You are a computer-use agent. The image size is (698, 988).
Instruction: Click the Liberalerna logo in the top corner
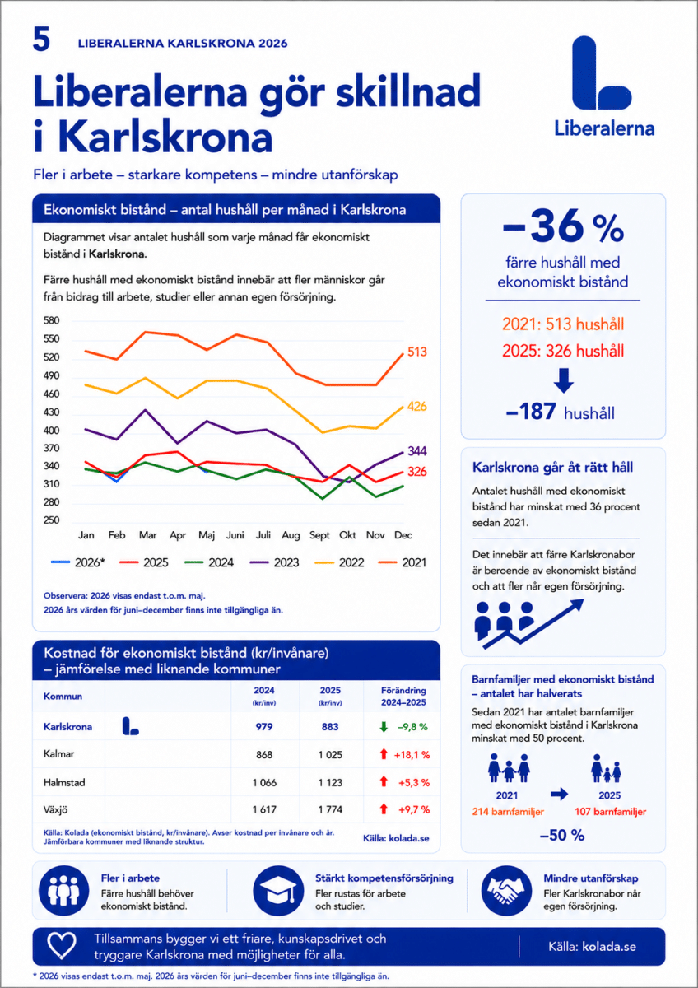coord(603,85)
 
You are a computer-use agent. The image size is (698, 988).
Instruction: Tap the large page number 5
coord(41,40)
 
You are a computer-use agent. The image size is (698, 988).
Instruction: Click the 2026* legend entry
coord(77,562)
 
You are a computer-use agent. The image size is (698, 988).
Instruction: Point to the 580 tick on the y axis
coord(51,320)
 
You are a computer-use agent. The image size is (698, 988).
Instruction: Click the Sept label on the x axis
coord(319,535)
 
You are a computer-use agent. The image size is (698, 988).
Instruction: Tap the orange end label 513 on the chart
coord(416,352)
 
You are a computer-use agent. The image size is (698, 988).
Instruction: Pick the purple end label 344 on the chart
coord(416,451)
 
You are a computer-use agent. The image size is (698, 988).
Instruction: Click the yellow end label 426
coord(416,406)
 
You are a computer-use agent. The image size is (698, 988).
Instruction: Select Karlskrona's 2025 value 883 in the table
coord(330,727)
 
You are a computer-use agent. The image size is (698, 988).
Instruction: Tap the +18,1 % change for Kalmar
coord(412,755)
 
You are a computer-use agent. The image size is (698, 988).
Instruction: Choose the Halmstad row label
coord(64,783)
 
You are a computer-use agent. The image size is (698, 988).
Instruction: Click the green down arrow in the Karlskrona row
coord(384,727)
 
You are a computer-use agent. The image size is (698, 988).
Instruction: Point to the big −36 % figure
coord(563,226)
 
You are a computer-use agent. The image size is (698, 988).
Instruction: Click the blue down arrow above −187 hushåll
coord(564,380)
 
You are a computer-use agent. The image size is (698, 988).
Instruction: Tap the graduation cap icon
coord(278,891)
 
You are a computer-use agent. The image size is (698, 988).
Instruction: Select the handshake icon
coord(506,891)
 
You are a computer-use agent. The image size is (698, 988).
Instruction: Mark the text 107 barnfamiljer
coord(610,812)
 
